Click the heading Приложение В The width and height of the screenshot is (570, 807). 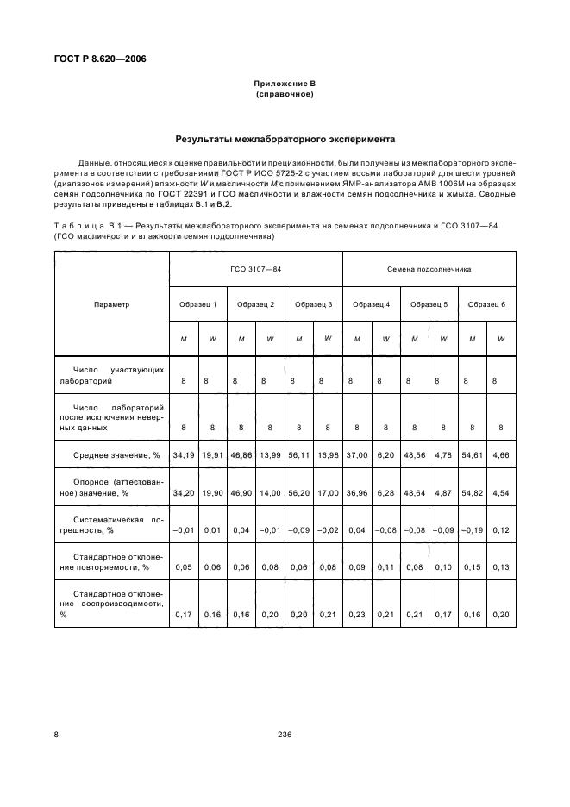pyautogui.click(x=285, y=84)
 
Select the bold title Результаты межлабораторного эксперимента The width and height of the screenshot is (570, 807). pyautogui.click(x=285, y=138)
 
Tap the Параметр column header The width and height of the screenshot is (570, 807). pyautogui.click(x=111, y=304)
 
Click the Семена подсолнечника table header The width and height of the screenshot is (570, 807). pyautogui.click(x=429, y=269)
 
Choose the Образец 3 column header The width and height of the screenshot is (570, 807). pyautogui.click(x=313, y=304)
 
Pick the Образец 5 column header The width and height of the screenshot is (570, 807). pyautogui.click(x=429, y=304)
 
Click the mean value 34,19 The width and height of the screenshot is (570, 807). pyautogui.click(x=184, y=454)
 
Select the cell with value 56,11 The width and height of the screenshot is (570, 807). pyautogui.click(x=298, y=454)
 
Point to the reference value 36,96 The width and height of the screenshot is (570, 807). pyautogui.click(x=356, y=492)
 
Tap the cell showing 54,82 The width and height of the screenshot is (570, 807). pyautogui.click(x=472, y=492)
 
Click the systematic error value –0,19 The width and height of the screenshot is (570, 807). pyautogui.click(x=472, y=530)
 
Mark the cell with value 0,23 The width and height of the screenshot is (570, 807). pyautogui.click(x=356, y=614)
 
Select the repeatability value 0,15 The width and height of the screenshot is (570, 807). pyautogui.click(x=472, y=568)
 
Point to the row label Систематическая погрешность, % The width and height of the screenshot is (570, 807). pyautogui.click(x=111, y=525)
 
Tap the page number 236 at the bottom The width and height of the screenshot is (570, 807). pyautogui.click(x=285, y=734)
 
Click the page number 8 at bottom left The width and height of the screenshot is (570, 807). pyautogui.click(x=57, y=734)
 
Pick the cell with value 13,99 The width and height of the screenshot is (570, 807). pyautogui.click(x=270, y=454)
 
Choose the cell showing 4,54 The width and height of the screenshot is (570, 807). pyautogui.click(x=501, y=492)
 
